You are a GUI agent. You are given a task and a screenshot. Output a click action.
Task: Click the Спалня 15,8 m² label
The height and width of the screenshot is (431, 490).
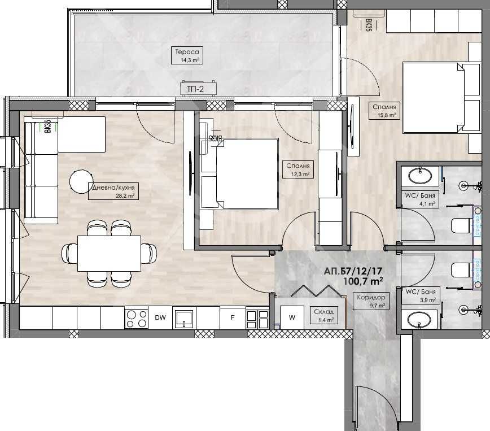(384, 110)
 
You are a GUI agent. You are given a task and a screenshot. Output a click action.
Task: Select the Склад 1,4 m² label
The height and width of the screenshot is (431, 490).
(325, 315)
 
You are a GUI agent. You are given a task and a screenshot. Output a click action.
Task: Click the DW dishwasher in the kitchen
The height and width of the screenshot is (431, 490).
(160, 317)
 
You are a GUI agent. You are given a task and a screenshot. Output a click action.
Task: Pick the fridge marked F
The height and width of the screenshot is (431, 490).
(232, 317)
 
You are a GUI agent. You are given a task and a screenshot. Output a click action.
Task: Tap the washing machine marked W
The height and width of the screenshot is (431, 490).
(292, 317)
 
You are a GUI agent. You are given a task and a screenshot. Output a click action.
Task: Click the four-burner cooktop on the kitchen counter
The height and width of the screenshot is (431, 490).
(136, 318)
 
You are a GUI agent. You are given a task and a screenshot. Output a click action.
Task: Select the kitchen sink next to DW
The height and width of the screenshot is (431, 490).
(185, 318)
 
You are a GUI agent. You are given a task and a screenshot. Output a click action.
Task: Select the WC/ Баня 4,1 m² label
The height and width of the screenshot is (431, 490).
(420, 200)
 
